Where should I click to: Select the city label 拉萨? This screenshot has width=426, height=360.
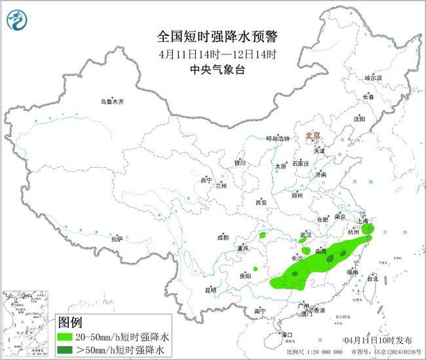pyautogui.click(x=117, y=239)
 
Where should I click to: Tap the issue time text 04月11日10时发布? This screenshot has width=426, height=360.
pyautogui.click(x=378, y=341)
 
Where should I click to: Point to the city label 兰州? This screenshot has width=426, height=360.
pyautogui.click(x=221, y=186)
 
